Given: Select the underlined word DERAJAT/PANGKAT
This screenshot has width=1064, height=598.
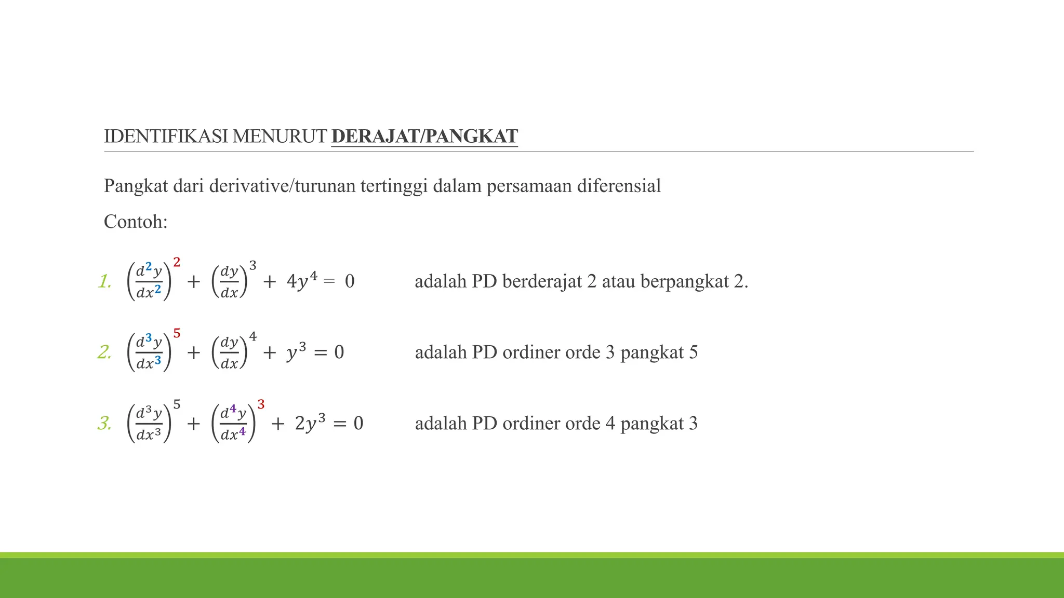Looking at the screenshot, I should click(x=424, y=136).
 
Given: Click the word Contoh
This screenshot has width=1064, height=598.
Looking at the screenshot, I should click(x=136, y=222).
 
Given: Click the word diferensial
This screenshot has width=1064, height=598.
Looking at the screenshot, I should click(x=619, y=186).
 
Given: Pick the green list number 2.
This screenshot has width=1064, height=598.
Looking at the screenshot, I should click(x=104, y=352).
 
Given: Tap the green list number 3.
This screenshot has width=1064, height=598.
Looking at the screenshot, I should click(x=104, y=424).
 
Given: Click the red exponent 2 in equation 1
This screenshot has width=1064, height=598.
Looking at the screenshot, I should click(x=177, y=263).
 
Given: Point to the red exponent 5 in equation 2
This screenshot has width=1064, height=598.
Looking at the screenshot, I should click(x=177, y=334).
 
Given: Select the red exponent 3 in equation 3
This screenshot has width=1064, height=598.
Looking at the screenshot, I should click(x=261, y=405).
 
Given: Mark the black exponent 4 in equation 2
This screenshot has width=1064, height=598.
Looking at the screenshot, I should click(x=253, y=337).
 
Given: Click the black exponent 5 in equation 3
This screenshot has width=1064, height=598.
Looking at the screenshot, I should click(x=177, y=404).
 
